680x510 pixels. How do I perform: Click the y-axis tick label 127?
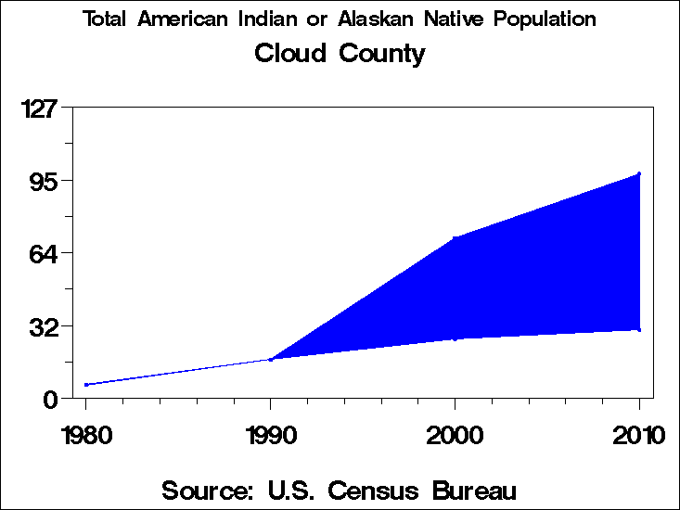(38, 108)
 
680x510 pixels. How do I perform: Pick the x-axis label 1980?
(86, 435)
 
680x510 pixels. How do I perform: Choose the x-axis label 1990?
(270, 435)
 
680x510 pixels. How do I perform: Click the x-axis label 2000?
(455, 435)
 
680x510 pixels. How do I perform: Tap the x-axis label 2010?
(639, 435)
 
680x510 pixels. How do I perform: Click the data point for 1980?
(86, 384)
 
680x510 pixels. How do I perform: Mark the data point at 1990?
(270, 359)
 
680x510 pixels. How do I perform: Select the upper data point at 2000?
(455, 238)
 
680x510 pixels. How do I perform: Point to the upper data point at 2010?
(639, 173)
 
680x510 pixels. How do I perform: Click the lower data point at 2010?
(639, 329)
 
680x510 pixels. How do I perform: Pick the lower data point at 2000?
(455, 338)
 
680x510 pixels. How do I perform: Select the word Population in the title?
(545, 19)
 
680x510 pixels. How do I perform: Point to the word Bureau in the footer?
(475, 490)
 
